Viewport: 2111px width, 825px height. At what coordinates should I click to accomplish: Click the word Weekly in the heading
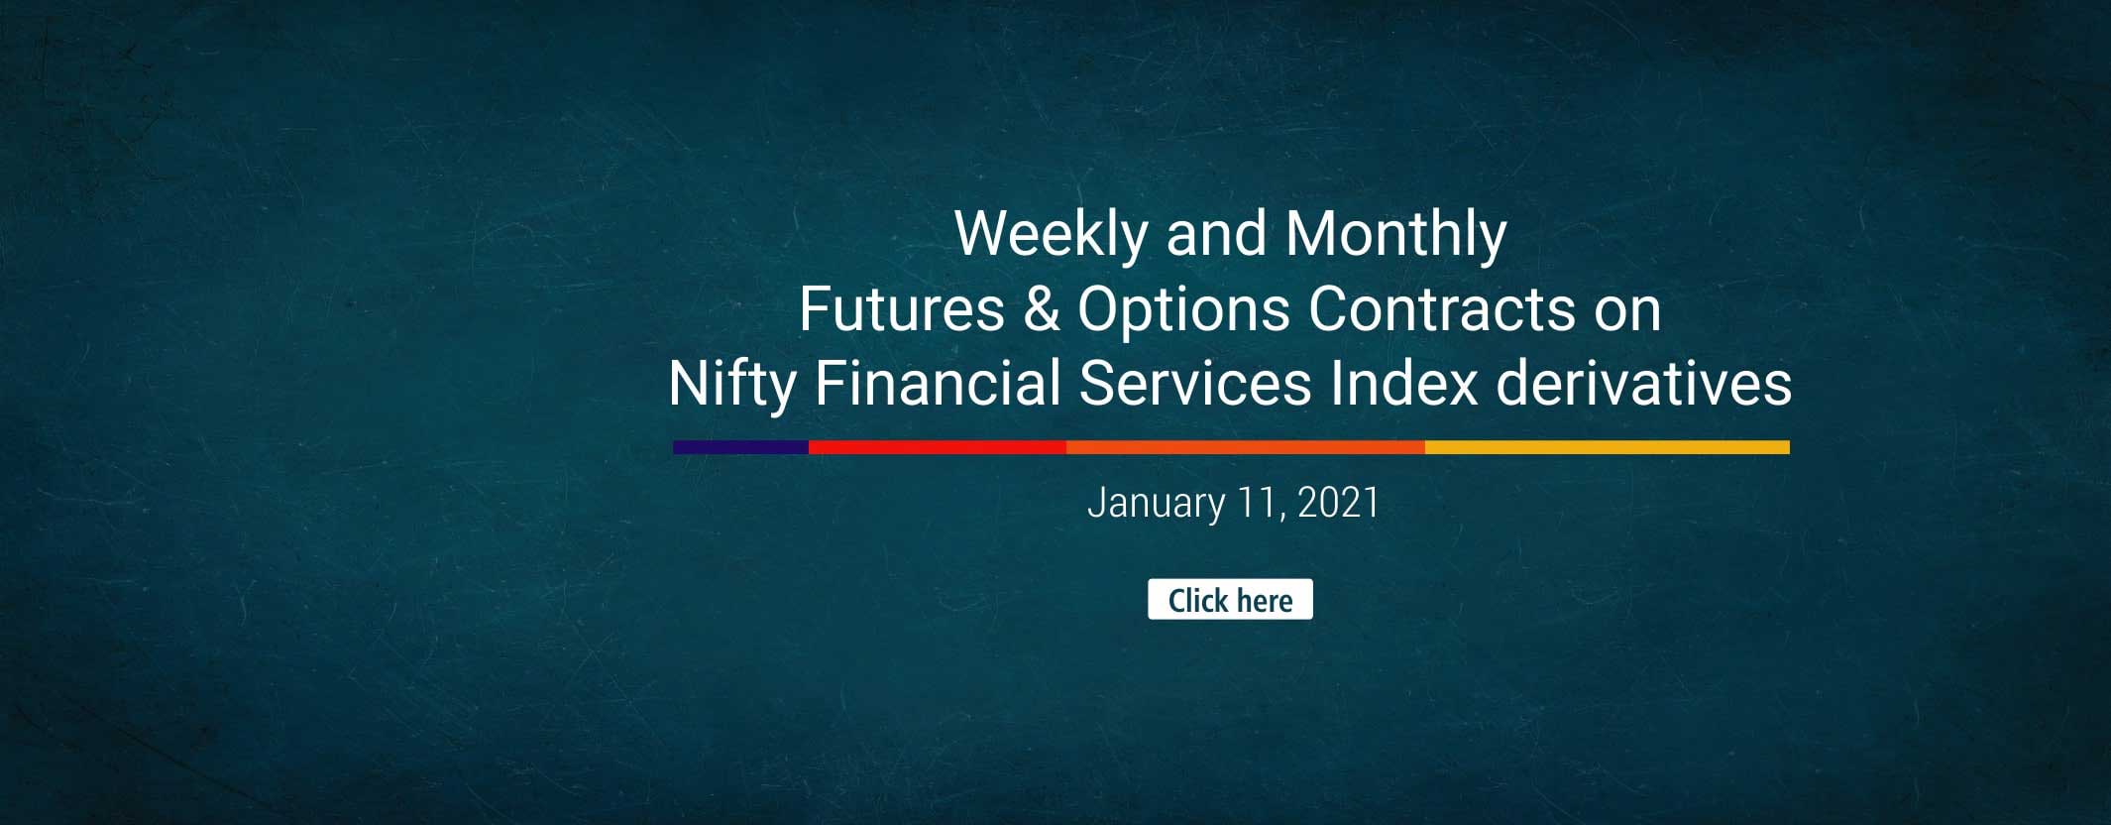[1051, 234]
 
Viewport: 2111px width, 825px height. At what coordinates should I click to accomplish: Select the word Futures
[901, 309]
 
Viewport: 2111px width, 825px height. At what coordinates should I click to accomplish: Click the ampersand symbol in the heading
[1041, 309]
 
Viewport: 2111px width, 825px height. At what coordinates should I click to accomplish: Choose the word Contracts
[1441, 309]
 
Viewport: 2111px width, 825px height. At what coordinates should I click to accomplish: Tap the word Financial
[938, 384]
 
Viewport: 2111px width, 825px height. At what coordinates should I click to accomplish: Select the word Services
[1195, 384]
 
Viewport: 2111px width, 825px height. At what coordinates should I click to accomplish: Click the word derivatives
[1643, 384]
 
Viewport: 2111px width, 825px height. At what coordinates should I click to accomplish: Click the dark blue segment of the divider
[740, 447]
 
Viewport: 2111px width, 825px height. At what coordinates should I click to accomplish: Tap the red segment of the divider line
[937, 447]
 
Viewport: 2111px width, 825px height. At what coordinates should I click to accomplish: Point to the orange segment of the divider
[1245, 447]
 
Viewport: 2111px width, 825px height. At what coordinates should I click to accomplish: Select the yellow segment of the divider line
[1607, 447]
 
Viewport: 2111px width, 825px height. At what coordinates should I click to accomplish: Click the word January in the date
[1156, 504]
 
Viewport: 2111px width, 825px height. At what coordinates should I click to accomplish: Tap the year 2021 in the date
[1338, 503]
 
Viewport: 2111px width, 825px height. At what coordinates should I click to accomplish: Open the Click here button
[1230, 600]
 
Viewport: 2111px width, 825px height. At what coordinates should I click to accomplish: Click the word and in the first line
[1216, 234]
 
